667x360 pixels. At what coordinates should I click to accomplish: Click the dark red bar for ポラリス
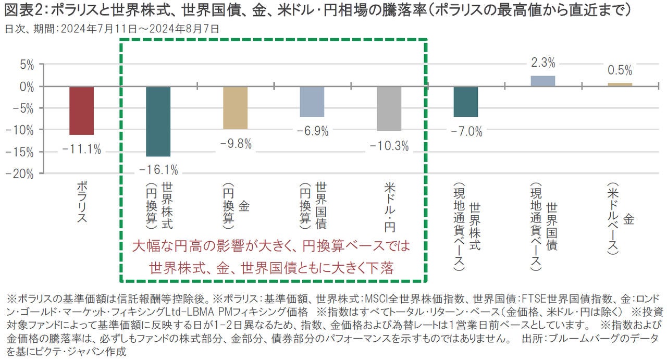[81, 110]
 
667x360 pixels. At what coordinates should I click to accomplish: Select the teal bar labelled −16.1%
[158, 121]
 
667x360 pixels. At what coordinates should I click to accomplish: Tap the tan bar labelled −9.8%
[235, 108]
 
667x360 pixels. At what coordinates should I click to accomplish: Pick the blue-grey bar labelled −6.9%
[312, 102]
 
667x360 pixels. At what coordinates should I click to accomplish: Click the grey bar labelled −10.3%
[389, 108]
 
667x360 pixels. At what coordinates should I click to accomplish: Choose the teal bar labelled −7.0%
[466, 102]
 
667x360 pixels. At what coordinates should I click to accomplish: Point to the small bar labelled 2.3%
[543, 81]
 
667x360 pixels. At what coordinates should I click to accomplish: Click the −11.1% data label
[81, 150]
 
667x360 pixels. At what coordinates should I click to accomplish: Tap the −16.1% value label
[158, 170]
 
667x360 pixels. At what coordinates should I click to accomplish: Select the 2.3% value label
[543, 63]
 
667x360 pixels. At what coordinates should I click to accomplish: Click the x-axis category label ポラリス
[81, 202]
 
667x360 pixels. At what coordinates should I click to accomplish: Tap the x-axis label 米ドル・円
[389, 206]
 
